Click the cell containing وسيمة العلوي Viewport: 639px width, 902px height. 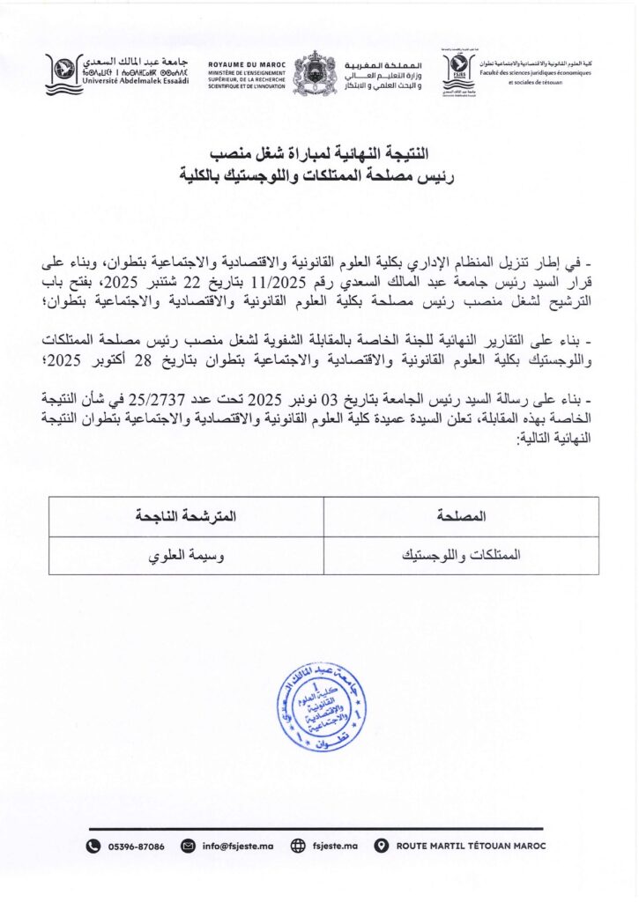tap(186, 556)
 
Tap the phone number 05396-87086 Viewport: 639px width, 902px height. tap(136, 846)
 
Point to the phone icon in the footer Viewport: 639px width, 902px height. tap(93, 846)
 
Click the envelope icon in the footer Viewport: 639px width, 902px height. tap(187, 846)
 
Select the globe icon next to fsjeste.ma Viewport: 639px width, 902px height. tap(298, 846)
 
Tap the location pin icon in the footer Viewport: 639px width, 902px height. tap(381, 846)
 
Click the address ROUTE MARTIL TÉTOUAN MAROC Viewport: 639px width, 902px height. tap(472, 846)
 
